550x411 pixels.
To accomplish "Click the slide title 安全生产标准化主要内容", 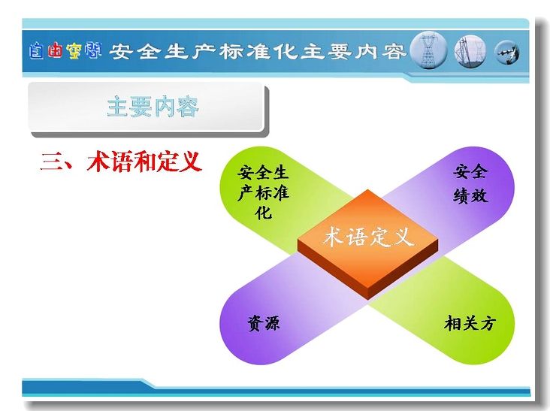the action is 258,52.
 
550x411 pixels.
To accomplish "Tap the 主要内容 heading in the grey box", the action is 153,107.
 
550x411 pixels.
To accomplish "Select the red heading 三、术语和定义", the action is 122,162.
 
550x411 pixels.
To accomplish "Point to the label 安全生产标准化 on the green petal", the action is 263,192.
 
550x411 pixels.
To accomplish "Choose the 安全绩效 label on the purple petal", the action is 470,184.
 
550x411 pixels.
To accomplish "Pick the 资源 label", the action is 264,323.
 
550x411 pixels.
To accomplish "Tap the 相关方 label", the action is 470,323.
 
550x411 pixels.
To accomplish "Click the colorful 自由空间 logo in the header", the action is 65,51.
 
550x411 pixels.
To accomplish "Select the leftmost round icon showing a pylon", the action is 428,50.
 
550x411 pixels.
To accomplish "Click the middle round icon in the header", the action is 470,52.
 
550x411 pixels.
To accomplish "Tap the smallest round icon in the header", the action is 507,53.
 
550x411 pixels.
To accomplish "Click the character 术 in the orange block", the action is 333,237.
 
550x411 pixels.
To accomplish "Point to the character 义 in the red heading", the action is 191,162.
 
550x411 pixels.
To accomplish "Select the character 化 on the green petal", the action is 264,213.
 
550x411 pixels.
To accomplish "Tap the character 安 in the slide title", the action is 121,52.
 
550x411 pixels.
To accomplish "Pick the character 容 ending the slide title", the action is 394,52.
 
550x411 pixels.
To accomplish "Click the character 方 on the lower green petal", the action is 488,323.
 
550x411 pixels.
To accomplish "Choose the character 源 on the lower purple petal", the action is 272,323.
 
